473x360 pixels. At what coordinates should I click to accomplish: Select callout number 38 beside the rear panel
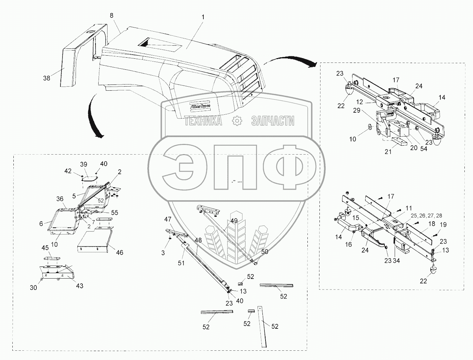tap(46, 78)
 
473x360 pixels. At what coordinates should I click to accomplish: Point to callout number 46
tap(119, 252)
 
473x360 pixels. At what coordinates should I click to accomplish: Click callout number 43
tap(79, 286)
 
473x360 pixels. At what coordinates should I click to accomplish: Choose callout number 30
tap(33, 288)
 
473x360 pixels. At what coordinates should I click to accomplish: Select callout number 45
tap(45, 248)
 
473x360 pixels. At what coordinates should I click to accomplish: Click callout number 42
tap(68, 171)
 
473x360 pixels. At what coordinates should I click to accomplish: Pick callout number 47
tap(168, 219)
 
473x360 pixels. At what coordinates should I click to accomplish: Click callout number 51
tap(181, 263)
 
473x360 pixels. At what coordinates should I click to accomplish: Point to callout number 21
tap(388, 151)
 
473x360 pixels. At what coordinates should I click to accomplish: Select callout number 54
tap(424, 149)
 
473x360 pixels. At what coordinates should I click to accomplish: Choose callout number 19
tap(443, 225)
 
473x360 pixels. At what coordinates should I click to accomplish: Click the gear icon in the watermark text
tap(236, 121)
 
